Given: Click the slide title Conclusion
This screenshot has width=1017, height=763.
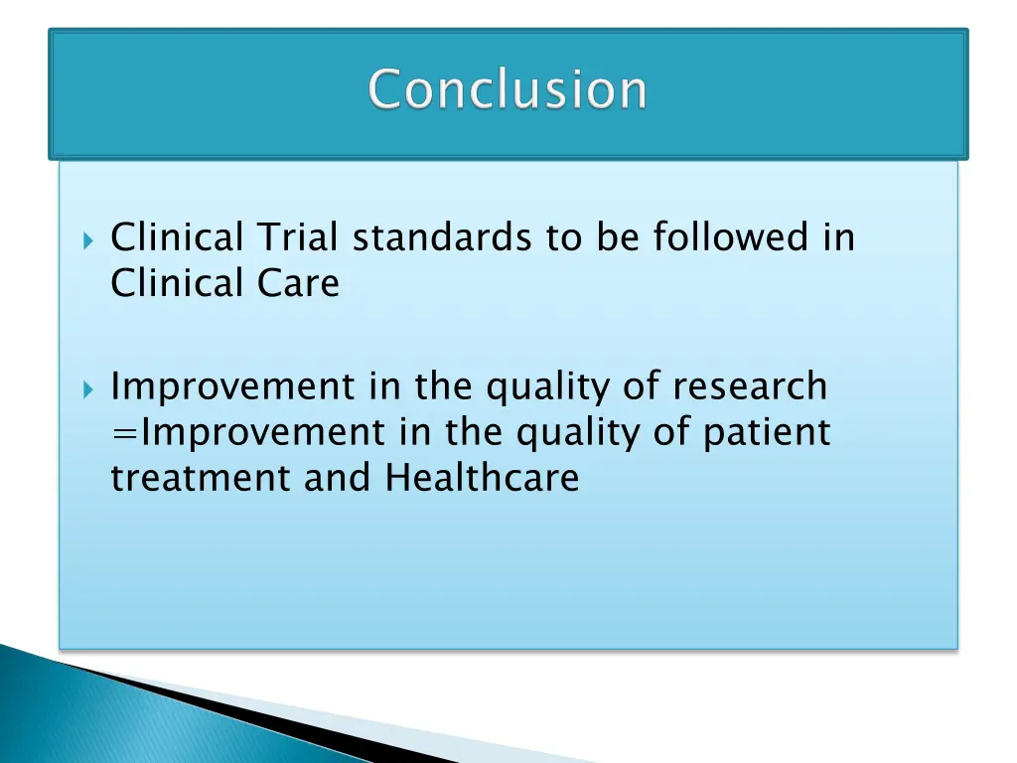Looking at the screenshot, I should (508, 90).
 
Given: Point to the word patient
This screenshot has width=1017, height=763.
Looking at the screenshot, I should (767, 433).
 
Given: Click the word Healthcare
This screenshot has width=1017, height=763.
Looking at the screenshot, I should (482, 479).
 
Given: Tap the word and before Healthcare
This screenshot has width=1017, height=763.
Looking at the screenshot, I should (340, 479).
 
